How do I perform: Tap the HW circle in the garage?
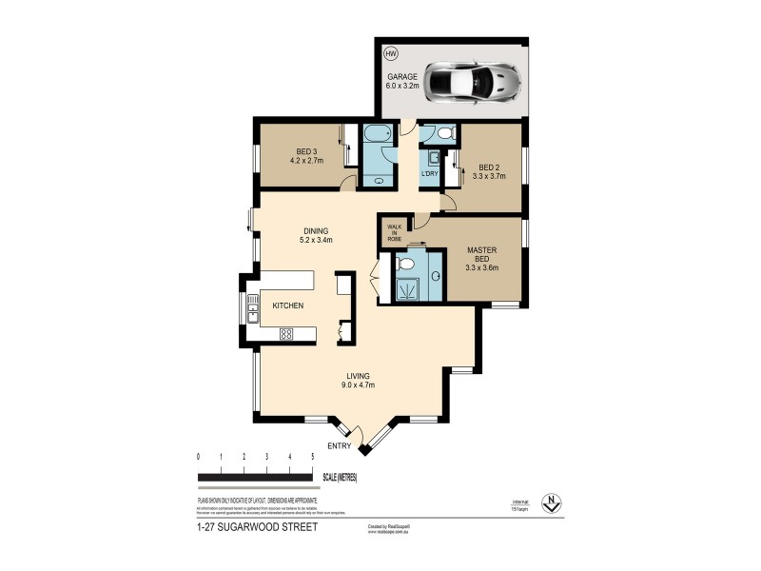coord(390,54)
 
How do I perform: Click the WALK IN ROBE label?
coord(395,232)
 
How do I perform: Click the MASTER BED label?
coord(482,256)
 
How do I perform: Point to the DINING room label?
coord(316,231)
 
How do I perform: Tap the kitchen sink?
coord(253,305)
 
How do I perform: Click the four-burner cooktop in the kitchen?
coord(284,334)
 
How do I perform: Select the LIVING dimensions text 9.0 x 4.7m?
coord(359,385)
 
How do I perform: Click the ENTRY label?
coord(340,446)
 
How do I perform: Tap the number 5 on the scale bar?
coord(313,457)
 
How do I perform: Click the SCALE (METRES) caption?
coord(339,478)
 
